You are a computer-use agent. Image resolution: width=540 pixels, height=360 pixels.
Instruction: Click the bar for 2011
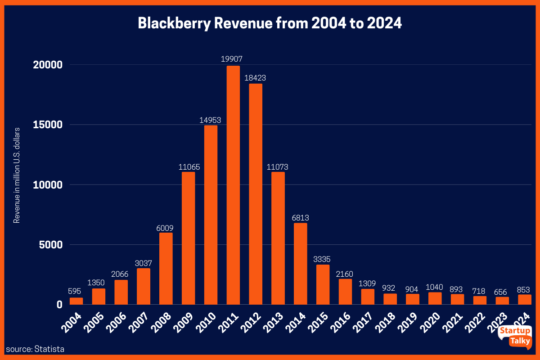tap(233, 185)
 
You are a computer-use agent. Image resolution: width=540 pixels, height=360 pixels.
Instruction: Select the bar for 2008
tap(166, 269)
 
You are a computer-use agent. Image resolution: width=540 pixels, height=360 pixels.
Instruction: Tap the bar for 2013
tap(278, 238)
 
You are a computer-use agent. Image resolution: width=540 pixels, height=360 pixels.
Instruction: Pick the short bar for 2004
tap(76, 301)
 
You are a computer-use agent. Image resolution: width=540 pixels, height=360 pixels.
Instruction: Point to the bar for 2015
tap(323, 285)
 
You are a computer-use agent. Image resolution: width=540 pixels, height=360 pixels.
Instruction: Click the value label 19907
tap(233, 59)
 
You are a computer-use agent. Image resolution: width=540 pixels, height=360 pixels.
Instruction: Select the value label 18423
tap(255, 78)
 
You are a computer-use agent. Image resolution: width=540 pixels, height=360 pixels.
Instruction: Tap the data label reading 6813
tap(300, 218)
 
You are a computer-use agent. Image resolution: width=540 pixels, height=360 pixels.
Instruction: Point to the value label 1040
tap(435, 287)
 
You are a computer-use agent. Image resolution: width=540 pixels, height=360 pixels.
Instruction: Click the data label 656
tap(502, 292)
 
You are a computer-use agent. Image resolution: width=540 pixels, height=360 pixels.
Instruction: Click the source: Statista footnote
tap(35, 349)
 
